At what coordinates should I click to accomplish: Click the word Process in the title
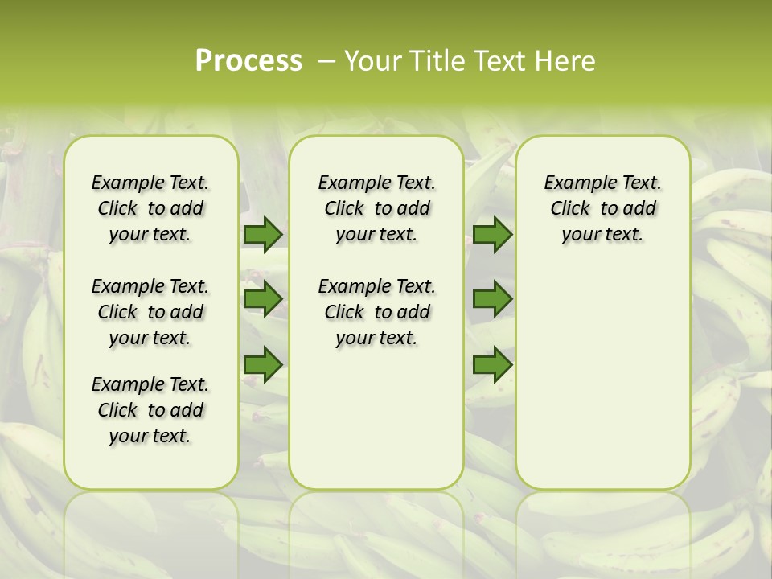(x=248, y=60)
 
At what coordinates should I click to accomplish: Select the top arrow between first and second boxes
(x=263, y=235)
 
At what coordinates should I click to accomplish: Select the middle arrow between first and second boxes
(x=263, y=299)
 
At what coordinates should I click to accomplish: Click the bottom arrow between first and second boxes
(x=263, y=365)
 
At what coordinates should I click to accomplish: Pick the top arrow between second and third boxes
(x=492, y=235)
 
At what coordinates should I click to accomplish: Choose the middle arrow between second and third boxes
(x=492, y=299)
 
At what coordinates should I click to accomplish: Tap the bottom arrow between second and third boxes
(x=492, y=365)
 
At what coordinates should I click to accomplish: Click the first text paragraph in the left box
(x=150, y=208)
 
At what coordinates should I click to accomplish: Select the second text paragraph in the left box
(x=150, y=312)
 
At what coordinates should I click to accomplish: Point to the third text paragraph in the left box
(x=150, y=410)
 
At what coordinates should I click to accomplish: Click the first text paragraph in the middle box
(x=377, y=208)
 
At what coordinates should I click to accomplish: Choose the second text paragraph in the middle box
(x=377, y=312)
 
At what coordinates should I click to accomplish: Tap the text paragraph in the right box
(x=603, y=208)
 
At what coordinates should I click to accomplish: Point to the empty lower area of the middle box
(x=376, y=418)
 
